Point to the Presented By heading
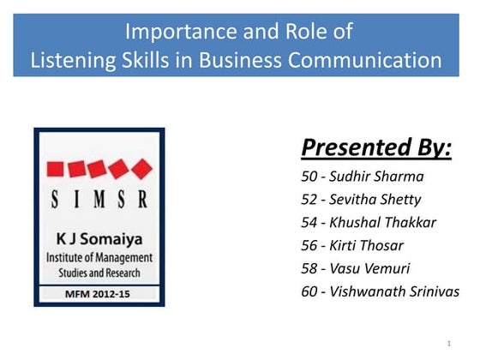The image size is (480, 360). (x=376, y=147)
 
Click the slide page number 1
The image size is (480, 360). (x=448, y=344)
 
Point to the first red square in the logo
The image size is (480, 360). (x=57, y=168)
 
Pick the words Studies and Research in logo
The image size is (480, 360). (x=99, y=272)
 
